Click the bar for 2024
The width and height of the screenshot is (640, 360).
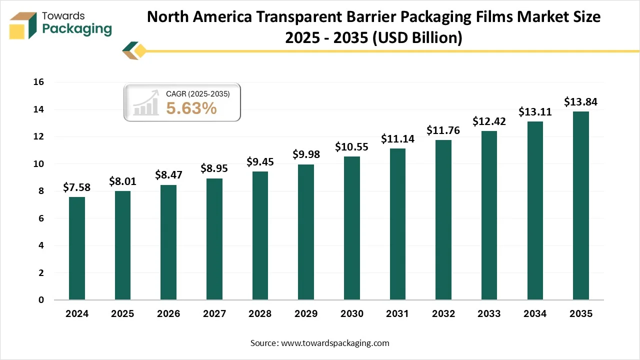(77, 248)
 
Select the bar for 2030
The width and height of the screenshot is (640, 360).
(351, 228)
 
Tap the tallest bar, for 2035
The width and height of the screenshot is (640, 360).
(580, 205)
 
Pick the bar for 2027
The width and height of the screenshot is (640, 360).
(214, 239)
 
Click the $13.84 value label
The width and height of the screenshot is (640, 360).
(580, 102)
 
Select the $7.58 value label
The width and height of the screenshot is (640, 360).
(77, 187)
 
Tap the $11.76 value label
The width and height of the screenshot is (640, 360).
(443, 130)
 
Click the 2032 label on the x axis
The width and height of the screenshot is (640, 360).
(443, 314)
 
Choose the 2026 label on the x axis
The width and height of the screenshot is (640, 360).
(168, 314)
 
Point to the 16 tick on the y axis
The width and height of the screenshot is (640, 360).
(38, 82)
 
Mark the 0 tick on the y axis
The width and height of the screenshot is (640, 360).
(41, 300)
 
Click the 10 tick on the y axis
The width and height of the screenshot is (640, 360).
(38, 164)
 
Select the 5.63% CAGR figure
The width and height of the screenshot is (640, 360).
(191, 107)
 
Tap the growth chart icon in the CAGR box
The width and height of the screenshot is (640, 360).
(145, 103)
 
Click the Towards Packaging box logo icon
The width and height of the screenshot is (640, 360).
(23, 25)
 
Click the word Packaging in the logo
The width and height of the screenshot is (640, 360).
(77, 29)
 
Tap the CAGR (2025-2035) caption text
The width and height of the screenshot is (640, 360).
(197, 93)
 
